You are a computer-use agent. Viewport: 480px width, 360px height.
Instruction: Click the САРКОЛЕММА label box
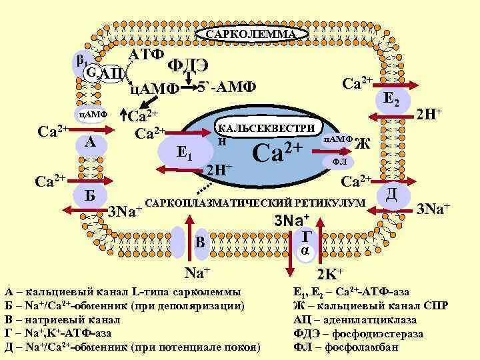click(x=251, y=34)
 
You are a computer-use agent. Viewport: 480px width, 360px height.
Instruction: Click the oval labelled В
click(x=201, y=241)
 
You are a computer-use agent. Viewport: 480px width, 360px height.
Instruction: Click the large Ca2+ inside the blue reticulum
click(x=279, y=153)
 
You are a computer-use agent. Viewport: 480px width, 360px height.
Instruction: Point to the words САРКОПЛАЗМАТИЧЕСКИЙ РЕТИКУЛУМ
click(x=255, y=202)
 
